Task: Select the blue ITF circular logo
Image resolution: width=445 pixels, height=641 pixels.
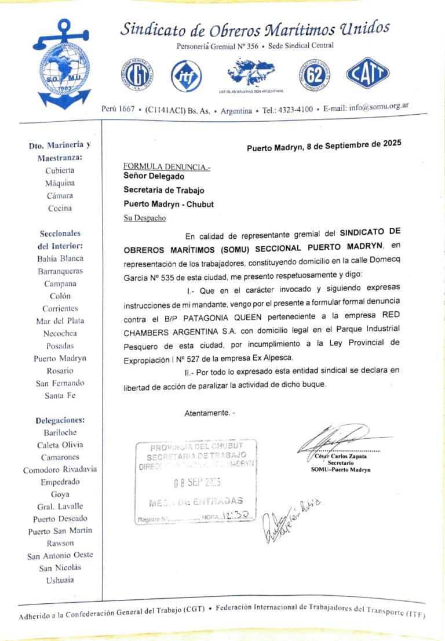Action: click(x=185, y=74)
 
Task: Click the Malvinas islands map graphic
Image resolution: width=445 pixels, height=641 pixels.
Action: click(x=249, y=74)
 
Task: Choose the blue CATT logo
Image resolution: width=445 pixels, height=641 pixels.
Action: click(x=368, y=74)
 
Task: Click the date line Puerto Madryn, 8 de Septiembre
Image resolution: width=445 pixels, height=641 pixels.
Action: click(x=324, y=145)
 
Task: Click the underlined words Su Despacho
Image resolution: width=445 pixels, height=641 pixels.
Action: click(x=144, y=218)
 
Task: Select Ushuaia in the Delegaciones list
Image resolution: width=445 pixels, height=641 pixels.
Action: click(x=60, y=580)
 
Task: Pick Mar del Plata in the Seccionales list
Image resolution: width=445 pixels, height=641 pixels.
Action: click(x=60, y=321)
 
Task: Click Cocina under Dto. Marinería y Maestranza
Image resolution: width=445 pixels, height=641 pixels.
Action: click(x=60, y=208)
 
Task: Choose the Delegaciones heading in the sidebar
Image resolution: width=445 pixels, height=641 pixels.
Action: click(x=60, y=420)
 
